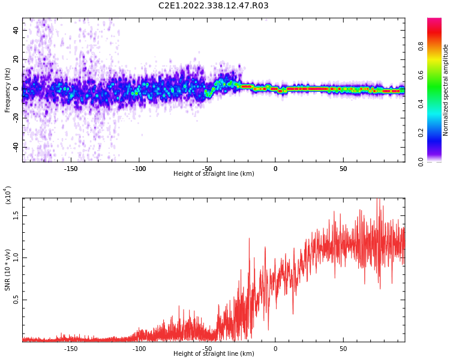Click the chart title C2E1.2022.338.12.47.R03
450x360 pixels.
pos(214,6)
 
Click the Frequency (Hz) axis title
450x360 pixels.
pos(8,90)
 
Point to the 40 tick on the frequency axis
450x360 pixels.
pos(16,30)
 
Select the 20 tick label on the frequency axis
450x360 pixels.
pos(16,59)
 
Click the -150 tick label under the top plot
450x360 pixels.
pos(71,169)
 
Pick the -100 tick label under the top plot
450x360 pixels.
pos(139,169)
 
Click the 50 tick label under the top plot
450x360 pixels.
pos(343,169)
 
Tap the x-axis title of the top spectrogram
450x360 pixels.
pos(214,174)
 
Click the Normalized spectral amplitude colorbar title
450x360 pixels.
pos(446,90)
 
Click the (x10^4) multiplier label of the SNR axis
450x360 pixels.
pos(8,195)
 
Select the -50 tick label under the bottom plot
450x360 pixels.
pos(207,349)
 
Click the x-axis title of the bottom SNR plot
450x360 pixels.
pos(214,354)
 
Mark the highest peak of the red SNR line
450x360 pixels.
pos(377,199)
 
